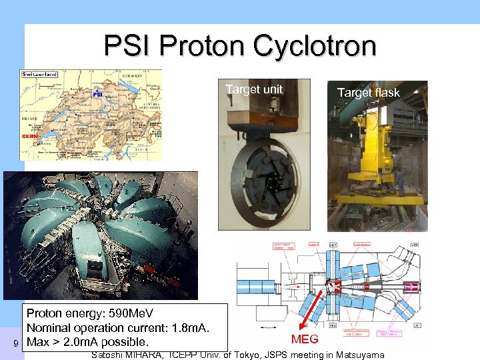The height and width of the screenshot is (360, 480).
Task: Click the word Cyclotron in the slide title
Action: pos(313,46)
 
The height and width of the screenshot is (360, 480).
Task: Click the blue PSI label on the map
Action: pos(97,95)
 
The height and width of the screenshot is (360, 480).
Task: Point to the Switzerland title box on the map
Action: pos(40,74)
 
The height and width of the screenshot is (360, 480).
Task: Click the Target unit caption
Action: pos(254,89)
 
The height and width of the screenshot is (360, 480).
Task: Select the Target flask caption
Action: pos(368,93)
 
